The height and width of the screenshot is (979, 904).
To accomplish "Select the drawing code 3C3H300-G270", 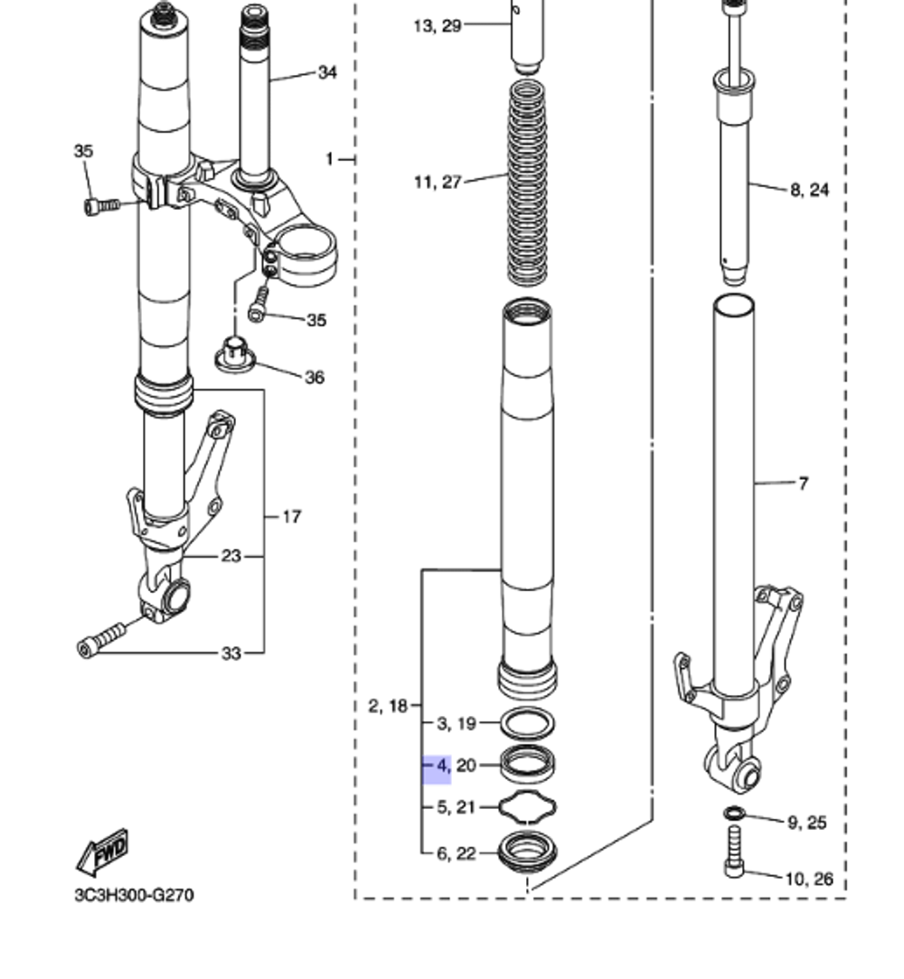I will click(x=134, y=896).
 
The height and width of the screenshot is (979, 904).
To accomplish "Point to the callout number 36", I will click(x=314, y=377).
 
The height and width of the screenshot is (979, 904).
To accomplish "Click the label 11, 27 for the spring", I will click(x=438, y=183).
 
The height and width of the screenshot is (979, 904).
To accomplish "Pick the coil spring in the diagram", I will click(x=527, y=181).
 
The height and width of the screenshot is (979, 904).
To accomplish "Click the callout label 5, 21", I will click(x=457, y=807).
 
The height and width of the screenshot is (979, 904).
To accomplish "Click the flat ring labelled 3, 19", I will click(x=529, y=723).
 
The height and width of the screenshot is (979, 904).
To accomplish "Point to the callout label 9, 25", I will click(x=806, y=823).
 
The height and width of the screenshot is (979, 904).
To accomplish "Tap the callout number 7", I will click(x=803, y=485).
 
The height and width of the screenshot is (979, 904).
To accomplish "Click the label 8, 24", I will click(x=809, y=190).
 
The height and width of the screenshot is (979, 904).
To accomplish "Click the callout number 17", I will click(x=291, y=517).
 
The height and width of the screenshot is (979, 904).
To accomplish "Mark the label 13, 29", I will click(x=438, y=26).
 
